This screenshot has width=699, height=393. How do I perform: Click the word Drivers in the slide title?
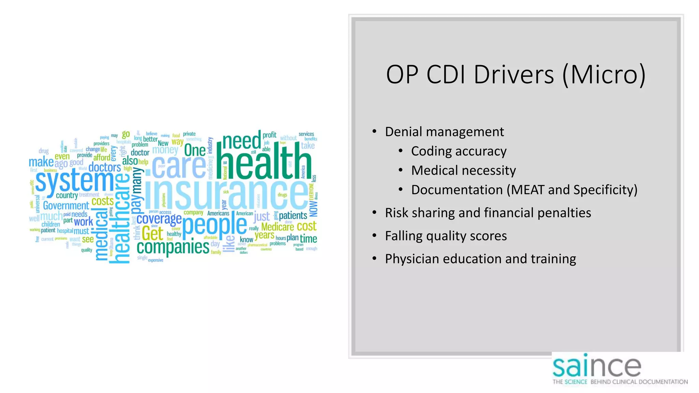click(x=514, y=74)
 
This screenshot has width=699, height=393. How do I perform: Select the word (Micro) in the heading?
click(x=604, y=74)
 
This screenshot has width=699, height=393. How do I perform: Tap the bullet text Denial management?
click(x=444, y=132)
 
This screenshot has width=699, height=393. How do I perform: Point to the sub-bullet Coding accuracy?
click(x=459, y=151)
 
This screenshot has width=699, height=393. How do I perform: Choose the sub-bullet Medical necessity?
click(x=463, y=170)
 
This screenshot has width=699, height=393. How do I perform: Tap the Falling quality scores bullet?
click(x=446, y=236)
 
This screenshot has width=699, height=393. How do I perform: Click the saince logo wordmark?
click(x=597, y=366)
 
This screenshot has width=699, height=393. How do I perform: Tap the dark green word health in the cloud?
click(x=265, y=162)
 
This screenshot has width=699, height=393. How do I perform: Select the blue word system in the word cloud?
click(x=74, y=181)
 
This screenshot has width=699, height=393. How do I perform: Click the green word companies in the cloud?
click(x=173, y=247)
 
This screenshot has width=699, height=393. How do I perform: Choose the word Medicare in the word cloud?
click(x=277, y=227)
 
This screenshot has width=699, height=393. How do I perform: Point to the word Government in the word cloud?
click(x=66, y=206)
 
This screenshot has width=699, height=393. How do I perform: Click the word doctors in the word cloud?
click(x=104, y=168)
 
